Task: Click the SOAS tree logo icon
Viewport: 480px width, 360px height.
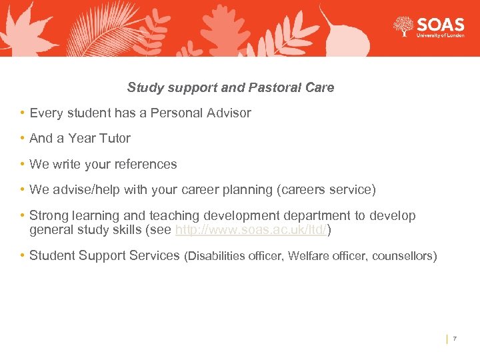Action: (x=403, y=27)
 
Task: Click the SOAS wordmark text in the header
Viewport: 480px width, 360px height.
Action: (x=440, y=25)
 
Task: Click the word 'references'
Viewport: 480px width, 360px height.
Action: (x=147, y=164)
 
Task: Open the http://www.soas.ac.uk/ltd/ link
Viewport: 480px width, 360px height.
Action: (x=251, y=230)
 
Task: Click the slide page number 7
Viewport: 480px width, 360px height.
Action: (x=455, y=339)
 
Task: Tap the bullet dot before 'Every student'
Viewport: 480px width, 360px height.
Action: (x=23, y=113)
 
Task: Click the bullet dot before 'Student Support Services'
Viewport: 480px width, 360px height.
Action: (x=23, y=255)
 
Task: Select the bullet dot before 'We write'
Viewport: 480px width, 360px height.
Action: (x=23, y=164)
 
